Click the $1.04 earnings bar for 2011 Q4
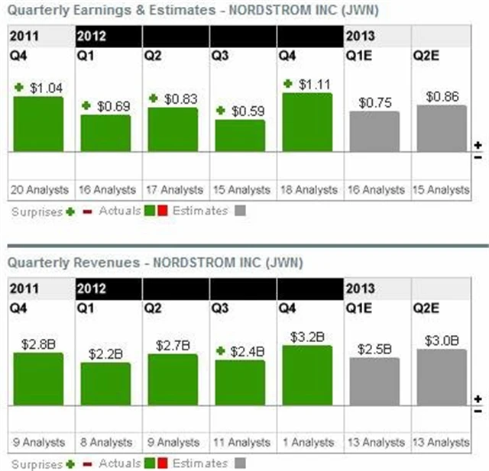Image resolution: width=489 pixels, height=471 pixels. [x=38, y=124]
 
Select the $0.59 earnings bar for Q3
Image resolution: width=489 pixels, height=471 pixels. [x=239, y=136]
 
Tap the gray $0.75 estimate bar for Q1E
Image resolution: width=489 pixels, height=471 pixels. [x=374, y=131]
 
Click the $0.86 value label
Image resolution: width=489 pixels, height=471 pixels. [x=442, y=96]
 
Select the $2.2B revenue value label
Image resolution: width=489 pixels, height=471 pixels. [x=105, y=353]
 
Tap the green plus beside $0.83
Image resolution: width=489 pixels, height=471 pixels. [x=154, y=98]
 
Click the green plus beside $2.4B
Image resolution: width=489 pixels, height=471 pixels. [x=221, y=351]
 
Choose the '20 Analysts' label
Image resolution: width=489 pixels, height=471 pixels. [x=38, y=189]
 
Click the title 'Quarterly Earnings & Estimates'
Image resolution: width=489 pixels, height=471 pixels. [x=107, y=11]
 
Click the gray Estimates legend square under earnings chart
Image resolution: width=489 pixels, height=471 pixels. [x=240, y=211]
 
